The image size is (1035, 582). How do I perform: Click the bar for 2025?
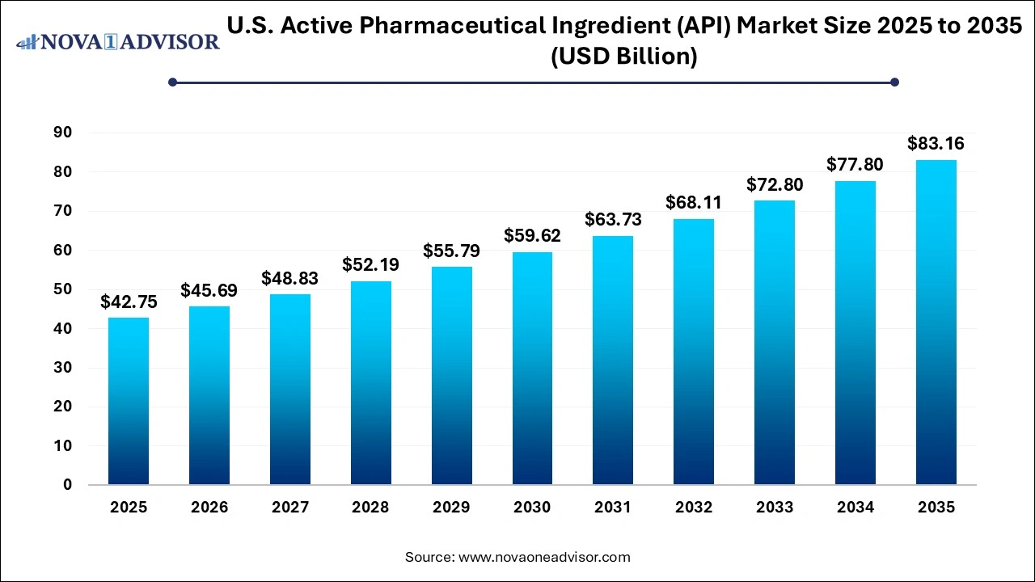click(x=129, y=401)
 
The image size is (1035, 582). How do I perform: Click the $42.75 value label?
click(x=129, y=302)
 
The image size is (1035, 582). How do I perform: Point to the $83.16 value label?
click(x=936, y=144)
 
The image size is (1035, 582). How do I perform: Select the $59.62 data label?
click(x=532, y=235)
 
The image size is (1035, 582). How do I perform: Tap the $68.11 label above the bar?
click(x=694, y=202)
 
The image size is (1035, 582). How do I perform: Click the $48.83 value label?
click(x=289, y=278)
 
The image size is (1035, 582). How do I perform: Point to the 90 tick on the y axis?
click(x=62, y=133)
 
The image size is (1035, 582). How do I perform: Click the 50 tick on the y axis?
click(x=62, y=289)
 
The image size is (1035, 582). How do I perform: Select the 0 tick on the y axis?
click(x=68, y=485)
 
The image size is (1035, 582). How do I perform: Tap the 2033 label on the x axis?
click(x=775, y=508)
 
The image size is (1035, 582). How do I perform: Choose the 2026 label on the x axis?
click(x=209, y=508)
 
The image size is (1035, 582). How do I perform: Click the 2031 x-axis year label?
click(x=613, y=508)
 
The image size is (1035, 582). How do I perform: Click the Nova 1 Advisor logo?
click(x=118, y=42)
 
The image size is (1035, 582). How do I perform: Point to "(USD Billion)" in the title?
click(x=623, y=57)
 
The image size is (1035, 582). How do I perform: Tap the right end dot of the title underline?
click(x=894, y=82)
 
